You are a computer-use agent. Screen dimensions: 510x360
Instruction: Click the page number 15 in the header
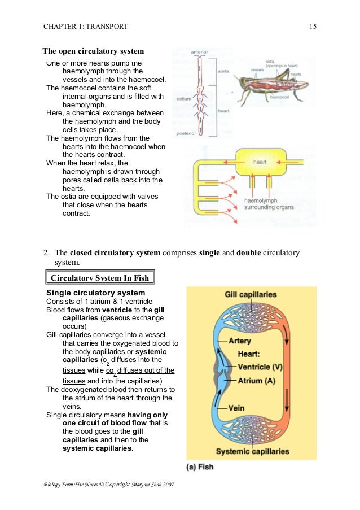click(313, 26)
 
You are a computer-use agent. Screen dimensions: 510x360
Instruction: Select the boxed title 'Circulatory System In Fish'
click(97, 277)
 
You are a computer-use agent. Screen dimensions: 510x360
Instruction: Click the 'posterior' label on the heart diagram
click(186, 133)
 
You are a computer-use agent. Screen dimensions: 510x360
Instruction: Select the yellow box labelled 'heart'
click(260, 163)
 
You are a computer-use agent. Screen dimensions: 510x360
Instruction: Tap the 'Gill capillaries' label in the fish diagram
click(251, 295)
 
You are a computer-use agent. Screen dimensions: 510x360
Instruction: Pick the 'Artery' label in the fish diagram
click(240, 341)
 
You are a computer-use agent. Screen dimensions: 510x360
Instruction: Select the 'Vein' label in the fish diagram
click(236, 407)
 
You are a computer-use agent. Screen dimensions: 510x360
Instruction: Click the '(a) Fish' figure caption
click(200, 467)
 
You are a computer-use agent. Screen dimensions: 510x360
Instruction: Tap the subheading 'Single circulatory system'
click(95, 293)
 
